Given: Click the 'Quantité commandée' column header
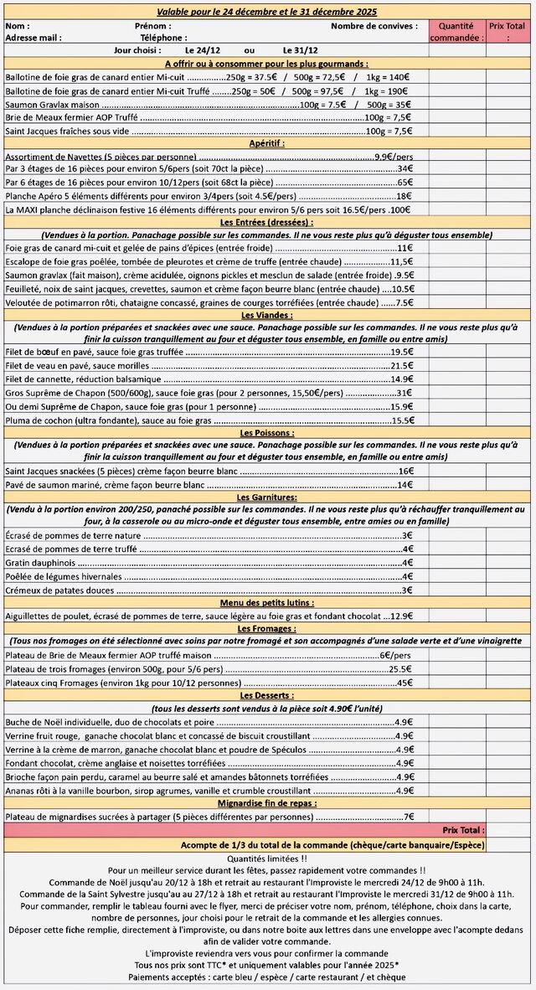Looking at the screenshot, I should point(456,32).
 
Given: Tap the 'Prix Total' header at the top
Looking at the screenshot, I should point(508,32).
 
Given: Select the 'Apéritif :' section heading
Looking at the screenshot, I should point(267,143).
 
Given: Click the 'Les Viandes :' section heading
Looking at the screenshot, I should point(267,315).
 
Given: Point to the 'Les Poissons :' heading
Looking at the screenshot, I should point(267,433).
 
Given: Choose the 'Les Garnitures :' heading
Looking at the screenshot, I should point(267,498).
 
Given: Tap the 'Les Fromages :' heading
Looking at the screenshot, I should point(267,628).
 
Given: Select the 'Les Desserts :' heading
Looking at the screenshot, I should point(267,695).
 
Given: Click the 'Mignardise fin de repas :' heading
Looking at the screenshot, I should point(267,802).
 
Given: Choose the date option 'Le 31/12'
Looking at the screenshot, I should point(299,50).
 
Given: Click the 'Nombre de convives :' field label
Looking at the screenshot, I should point(374,26).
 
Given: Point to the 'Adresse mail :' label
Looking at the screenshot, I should point(33,38).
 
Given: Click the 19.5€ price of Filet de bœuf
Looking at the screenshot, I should point(401,353).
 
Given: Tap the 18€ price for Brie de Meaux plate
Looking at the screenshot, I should point(403,195).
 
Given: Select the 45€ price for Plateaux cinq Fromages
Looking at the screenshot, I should point(404,683).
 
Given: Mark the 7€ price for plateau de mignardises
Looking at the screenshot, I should point(408,817).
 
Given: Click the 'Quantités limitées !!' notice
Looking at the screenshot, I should point(267,859).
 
